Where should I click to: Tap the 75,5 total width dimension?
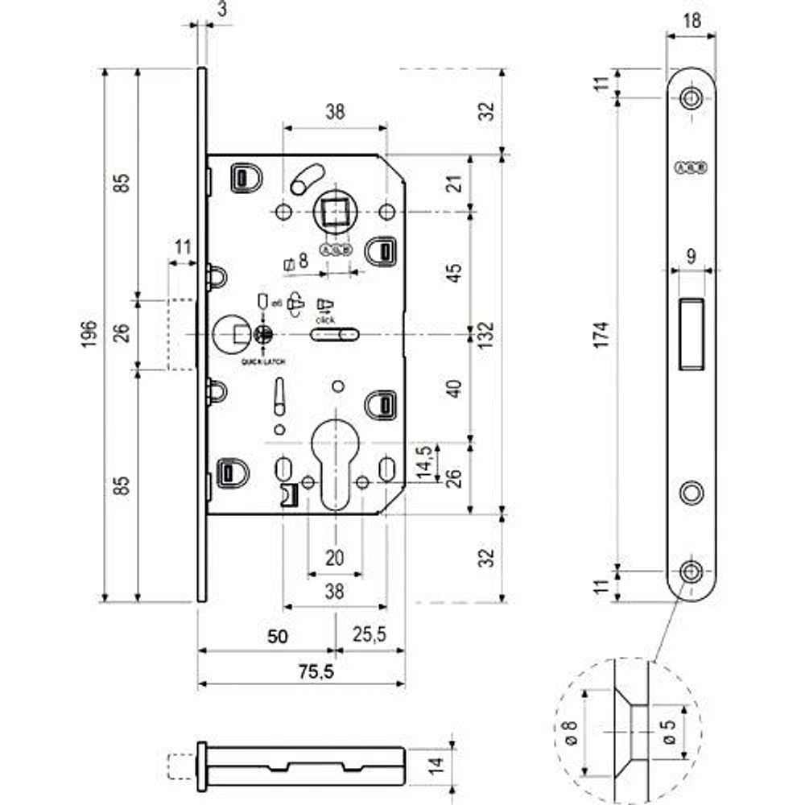pyautogui.click(x=302, y=671)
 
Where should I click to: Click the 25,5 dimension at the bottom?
pyautogui.click(x=369, y=636)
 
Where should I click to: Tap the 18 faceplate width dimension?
pyautogui.click(x=691, y=21)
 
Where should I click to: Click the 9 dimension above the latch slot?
pyautogui.click(x=691, y=258)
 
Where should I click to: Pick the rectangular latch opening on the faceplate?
pyautogui.click(x=691, y=333)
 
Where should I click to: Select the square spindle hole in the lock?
pyautogui.click(x=335, y=213)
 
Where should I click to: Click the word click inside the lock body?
pyautogui.click(x=326, y=320)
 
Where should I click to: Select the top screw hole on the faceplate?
pyautogui.click(x=691, y=98)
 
